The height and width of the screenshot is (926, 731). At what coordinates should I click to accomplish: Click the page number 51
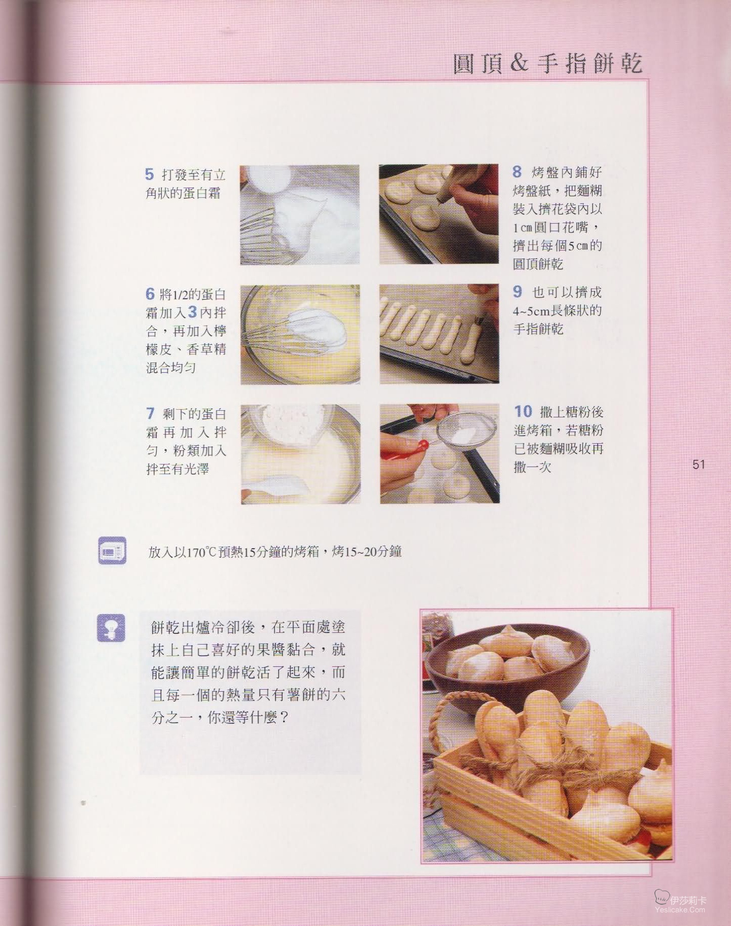(699, 464)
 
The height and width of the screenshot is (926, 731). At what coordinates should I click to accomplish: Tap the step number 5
(149, 174)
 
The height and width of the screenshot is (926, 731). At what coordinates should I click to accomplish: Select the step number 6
(150, 294)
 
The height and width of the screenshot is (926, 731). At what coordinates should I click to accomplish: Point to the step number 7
(150, 414)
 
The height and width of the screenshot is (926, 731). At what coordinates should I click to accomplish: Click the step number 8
(517, 172)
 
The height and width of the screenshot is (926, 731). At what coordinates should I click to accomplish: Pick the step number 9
(517, 292)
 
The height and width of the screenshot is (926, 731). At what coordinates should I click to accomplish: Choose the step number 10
(523, 411)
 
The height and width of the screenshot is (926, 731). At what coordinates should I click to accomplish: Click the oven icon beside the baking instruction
(112, 550)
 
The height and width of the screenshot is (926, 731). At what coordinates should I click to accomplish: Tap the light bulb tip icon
(111, 628)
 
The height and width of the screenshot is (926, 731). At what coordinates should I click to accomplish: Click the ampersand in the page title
(519, 63)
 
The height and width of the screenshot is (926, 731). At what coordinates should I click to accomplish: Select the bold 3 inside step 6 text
(193, 312)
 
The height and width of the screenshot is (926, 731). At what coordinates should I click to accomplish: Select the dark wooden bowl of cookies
(507, 669)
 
